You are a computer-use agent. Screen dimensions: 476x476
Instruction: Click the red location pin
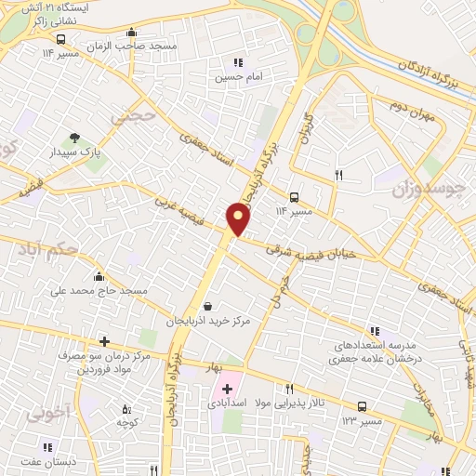(x=239, y=218)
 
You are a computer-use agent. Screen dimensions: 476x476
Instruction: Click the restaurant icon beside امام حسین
(x=224, y=63)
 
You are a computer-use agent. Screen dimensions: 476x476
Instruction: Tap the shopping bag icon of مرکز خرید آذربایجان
(x=207, y=306)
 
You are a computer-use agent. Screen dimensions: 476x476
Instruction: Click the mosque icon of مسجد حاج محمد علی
(x=99, y=276)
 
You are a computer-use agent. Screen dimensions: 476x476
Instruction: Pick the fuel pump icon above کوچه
(x=126, y=408)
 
